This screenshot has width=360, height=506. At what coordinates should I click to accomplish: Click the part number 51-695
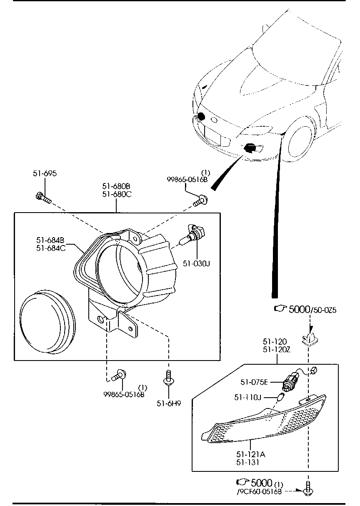(x=45, y=173)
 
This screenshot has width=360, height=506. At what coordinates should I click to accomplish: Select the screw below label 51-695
(x=44, y=198)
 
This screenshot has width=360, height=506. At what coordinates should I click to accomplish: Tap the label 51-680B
(x=116, y=186)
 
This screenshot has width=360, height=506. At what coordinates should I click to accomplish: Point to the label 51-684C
(x=51, y=248)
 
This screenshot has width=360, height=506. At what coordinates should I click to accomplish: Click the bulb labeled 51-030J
(x=192, y=235)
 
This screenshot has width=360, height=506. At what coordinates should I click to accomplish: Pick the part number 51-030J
(x=196, y=263)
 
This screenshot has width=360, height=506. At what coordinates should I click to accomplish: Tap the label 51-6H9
(x=169, y=403)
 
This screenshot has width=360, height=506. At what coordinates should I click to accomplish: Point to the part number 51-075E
(x=254, y=382)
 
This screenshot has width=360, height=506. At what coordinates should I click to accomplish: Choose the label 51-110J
(x=247, y=397)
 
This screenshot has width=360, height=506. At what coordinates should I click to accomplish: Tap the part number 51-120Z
(x=277, y=349)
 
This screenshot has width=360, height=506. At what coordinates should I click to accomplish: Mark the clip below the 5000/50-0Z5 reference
(x=310, y=340)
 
